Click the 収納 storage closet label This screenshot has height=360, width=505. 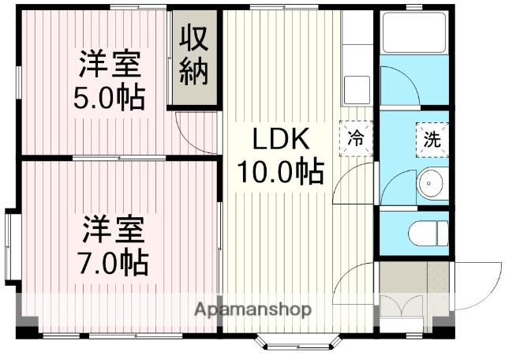coord(193,55)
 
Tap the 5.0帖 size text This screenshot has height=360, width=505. coord(110,97)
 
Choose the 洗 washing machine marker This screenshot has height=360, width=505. coord(433,141)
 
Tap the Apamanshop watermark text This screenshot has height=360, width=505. coord(252,309)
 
